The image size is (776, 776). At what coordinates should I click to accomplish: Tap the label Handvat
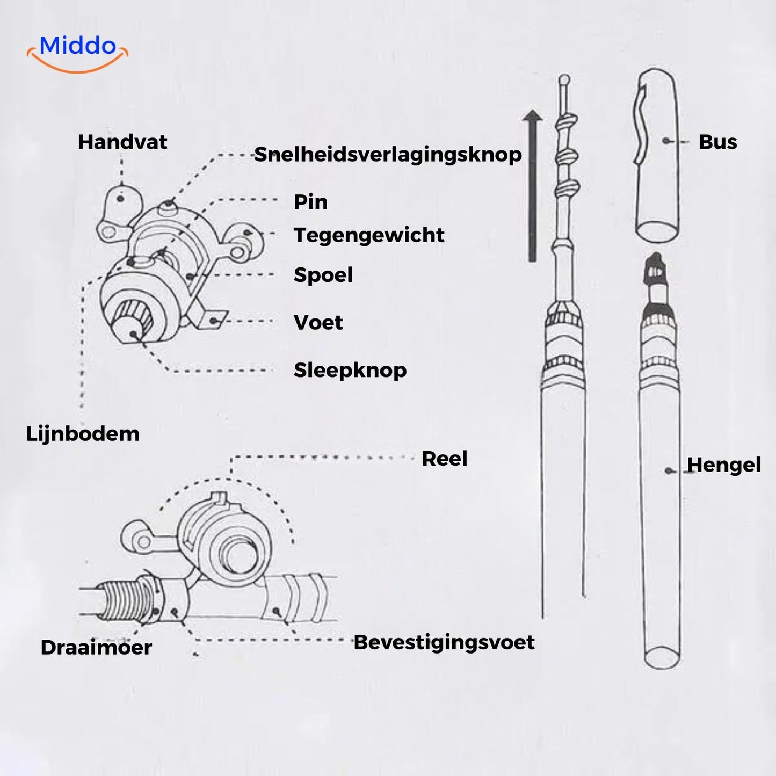tap(122, 142)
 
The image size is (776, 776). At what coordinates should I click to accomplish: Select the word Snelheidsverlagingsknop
tap(388, 155)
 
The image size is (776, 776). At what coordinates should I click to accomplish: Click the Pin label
tap(310, 202)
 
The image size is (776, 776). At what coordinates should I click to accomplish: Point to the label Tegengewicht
tap(369, 235)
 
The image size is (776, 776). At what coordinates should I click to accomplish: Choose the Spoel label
tap(323, 275)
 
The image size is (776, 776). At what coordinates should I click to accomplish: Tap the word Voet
tap(318, 323)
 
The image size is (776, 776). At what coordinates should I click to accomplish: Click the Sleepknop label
tap(350, 370)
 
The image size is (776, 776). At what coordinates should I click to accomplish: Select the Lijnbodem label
tap(83, 434)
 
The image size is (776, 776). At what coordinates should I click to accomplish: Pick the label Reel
tap(444, 459)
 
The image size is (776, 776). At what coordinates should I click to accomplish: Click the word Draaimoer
tap(96, 648)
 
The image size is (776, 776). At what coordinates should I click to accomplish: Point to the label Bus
tap(717, 142)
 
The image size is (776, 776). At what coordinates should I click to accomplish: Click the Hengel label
tap(724, 465)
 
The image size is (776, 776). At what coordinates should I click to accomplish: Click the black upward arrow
tap(532, 186)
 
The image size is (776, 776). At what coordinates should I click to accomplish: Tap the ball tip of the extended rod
tap(564, 79)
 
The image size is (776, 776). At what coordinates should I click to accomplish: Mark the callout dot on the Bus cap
tap(666, 141)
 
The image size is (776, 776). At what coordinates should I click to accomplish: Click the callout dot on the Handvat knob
tap(120, 199)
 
